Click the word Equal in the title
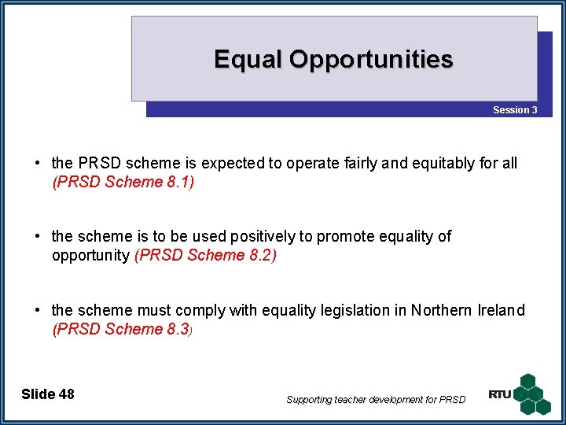click(248, 60)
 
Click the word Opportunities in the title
click(371, 60)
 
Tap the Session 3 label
click(515, 110)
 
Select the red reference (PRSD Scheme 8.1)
click(123, 183)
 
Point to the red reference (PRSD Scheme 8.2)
click(206, 255)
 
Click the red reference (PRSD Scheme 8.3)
click(123, 329)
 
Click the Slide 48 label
click(48, 394)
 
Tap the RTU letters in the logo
click(499, 394)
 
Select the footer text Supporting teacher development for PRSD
click(376, 400)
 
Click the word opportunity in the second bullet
click(91, 256)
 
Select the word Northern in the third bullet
click(443, 310)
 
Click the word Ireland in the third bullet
click(501, 310)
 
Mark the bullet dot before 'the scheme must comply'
click(38, 310)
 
